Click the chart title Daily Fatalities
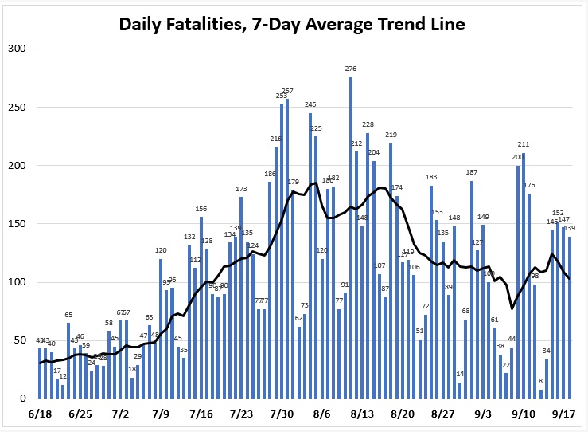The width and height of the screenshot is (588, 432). pyautogui.click(x=291, y=25)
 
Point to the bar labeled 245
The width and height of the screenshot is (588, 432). pyautogui.click(x=310, y=256)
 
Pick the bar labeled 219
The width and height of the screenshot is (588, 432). pyautogui.click(x=391, y=271)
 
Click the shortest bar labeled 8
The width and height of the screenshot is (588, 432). pyautogui.click(x=541, y=394)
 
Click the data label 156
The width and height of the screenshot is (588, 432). pyautogui.click(x=201, y=209)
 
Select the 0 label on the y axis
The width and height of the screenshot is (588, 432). pyautogui.click(x=23, y=399)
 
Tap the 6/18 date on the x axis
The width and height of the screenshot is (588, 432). pyautogui.click(x=39, y=414)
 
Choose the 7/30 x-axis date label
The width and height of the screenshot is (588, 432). pyautogui.click(x=282, y=414)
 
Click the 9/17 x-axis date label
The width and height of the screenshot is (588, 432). pyautogui.click(x=564, y=414)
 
